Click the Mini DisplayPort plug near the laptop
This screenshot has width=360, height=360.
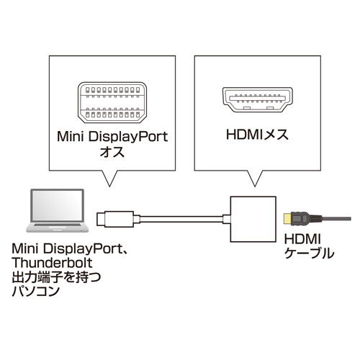point(109,217)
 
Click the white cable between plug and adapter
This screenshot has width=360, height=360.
point(173,217)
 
